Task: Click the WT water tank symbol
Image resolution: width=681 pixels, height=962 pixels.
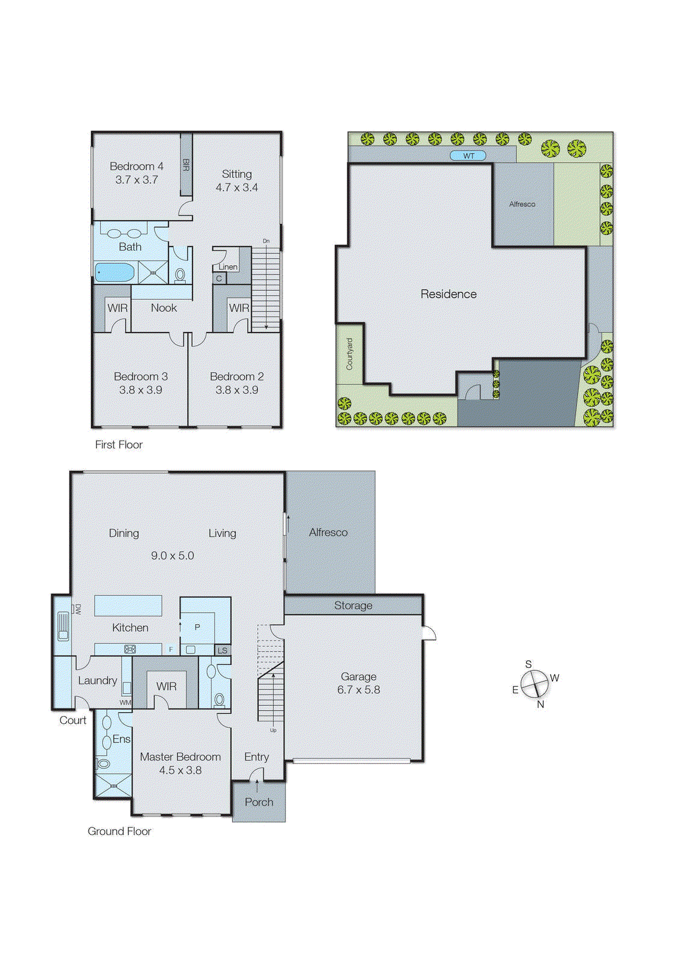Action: tap(468, 156)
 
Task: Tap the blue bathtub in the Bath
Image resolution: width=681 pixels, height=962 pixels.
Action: tap(115, 272)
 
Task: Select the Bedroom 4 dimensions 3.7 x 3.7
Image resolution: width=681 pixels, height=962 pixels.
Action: tap(136, 180)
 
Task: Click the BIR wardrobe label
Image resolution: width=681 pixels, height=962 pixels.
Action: tap(186, 165)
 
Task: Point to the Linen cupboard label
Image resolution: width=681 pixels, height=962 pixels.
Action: tap(228, 267)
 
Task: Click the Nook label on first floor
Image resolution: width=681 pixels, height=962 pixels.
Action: tap(163, 308)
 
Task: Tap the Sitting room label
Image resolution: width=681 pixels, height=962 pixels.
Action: tap(237, 174)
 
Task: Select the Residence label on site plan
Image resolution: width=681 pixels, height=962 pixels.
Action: tap(448, 294)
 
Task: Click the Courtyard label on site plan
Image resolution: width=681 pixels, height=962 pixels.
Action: tap(350, 354)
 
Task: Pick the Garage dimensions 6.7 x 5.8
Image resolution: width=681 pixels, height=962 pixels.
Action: tap(358, 690)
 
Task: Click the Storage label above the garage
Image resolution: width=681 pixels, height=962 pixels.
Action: tap(353, 605)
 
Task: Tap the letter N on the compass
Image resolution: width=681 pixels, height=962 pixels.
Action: tap(540, 705)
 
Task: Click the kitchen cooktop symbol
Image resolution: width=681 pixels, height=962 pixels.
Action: tap(130, 649)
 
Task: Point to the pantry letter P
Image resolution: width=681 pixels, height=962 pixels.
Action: tap(197, 627)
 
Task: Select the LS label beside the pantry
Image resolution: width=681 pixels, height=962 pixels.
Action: tap(222, 651)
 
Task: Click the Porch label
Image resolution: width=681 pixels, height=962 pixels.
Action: tap(258, 802)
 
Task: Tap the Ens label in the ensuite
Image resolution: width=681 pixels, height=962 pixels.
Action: tap(121, 739)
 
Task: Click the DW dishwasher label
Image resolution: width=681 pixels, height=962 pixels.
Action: tap(78, 609)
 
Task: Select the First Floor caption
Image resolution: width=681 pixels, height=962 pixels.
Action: tap(118, 445)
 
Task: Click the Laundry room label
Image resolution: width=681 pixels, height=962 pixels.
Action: tap(97, 681)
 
